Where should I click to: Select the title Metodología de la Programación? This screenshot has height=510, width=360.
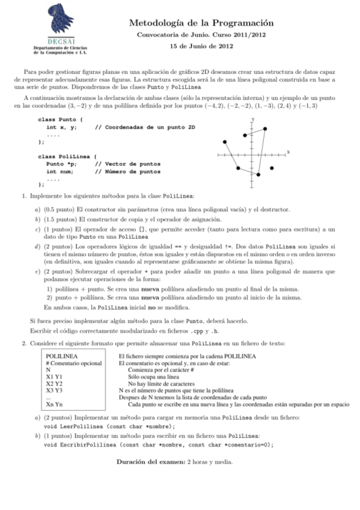point(201,23)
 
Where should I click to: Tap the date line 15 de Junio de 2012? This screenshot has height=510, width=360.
point(201,46)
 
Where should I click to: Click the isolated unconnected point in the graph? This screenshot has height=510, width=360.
point(271,168)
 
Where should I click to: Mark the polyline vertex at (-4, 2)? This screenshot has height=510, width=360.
point(225,143)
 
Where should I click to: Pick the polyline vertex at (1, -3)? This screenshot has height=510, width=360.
point(258,174)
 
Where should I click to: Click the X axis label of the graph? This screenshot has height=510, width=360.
point(288,152)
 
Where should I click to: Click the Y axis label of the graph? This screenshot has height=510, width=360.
point(252,120)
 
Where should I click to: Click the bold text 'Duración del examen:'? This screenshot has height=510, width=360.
point(150,462)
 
